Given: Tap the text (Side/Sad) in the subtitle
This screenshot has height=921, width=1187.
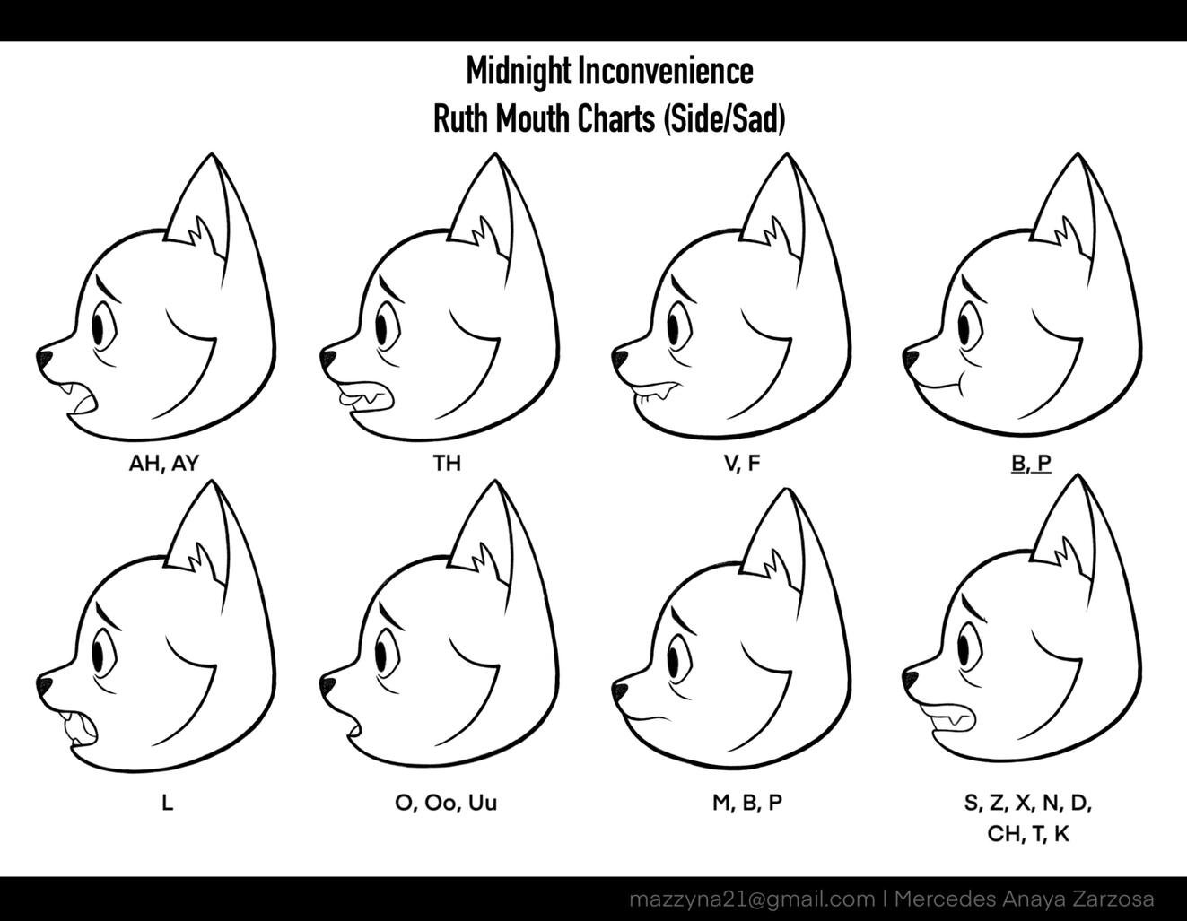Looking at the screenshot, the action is [x=723, y=119].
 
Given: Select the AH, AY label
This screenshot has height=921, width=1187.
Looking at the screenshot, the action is [x=164, y=464].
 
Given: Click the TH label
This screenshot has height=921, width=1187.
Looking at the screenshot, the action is [x=447, y=463].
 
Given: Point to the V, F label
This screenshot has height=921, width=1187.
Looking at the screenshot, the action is [x=742, y=464].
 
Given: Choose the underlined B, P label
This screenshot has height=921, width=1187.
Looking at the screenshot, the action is [x=1031, y=463].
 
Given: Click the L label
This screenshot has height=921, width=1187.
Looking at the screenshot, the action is [x=168, y=803].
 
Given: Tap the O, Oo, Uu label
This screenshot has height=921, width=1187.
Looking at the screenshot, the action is [x=446, y=804].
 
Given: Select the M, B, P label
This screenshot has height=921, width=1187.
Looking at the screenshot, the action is [x=747, y=803].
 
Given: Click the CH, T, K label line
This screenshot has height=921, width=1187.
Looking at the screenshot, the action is [x=1028, y=834].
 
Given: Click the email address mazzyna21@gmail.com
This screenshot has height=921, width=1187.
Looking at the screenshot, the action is [x=752, y=899].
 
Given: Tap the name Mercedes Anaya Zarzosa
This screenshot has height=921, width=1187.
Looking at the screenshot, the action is [x=1025, y=899].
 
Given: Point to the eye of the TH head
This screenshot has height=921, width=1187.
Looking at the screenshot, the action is [x=383, y=328].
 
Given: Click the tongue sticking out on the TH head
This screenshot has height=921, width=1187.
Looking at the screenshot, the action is [x=350, y=396].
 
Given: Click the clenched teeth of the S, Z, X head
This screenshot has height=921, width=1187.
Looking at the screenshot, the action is [x=949, y=718].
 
